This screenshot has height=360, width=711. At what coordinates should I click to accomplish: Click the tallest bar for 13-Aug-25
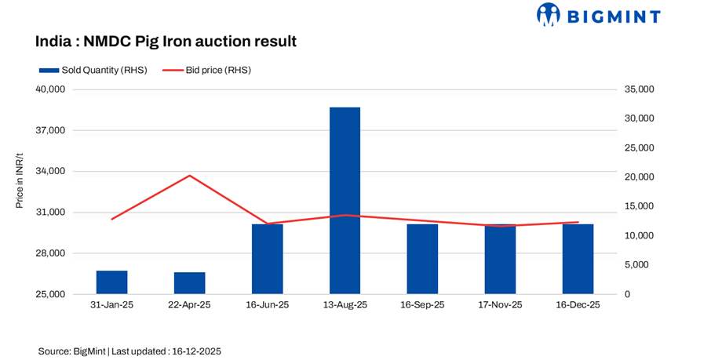click(x=345, y=201)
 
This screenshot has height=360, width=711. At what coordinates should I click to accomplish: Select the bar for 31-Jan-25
click(x=111, y=282)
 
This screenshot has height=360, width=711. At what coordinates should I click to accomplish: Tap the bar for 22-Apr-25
click(x=189, y=283)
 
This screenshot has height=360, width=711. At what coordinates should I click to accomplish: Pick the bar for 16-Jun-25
click(x=267, y=259)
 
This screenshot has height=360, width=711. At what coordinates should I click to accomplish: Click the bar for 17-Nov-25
click(x=500, y=260)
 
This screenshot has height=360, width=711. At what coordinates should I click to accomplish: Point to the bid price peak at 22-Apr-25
click(x=189, y=176)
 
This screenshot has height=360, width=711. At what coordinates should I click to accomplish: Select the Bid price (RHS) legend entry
click(x=207, y=70)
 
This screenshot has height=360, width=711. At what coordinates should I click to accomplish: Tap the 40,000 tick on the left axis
click(x=50, y=89)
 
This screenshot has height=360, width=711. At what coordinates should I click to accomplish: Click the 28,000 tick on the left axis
click(x=50, y=253)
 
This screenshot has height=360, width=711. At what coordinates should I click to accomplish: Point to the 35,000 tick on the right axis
click(x=639, y=89)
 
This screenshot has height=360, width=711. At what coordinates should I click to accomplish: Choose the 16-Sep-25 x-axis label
click(x=422, y=305)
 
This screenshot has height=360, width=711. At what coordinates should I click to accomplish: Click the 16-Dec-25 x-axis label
click(x=578, y=305)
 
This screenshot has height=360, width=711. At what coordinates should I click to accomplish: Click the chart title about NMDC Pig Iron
click(x=166, y=41)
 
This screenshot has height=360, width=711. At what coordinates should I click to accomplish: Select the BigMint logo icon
click(x=549, y=14)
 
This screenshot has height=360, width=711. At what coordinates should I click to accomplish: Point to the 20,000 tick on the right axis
click(x=639, y=177)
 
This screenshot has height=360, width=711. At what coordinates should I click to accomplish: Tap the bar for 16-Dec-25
click(x=578, y=259)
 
